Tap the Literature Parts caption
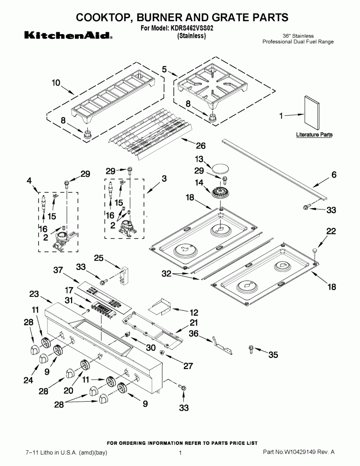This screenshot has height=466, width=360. point(313,135)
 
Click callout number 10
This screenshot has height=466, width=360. point(56,83)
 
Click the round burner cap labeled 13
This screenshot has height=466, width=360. point(221,169)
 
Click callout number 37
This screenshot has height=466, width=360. point(58,271)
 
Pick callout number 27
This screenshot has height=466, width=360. point(188,366)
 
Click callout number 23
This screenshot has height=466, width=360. point(34,294)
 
